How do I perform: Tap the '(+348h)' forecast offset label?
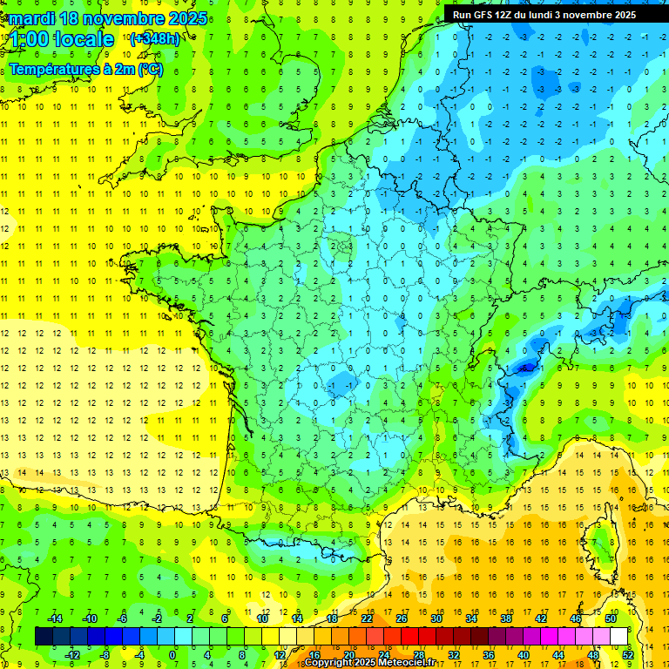click(x=154, y=38)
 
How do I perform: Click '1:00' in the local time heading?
click(x=28, y=39)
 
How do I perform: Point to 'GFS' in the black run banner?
click(x=484, y=15)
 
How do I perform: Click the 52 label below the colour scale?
click(x=627, y=654)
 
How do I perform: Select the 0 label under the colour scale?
click(x=173, y=654)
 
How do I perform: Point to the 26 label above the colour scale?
click(x=402, y=618)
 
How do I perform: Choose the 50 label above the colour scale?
click(x=610, y=618)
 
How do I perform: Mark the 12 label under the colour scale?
click(x=279, y=654)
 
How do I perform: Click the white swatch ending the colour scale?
click(x=619, y=636)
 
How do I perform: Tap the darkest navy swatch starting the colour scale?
click(x=44, y=636)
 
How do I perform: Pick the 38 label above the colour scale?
click(x=505, y=618)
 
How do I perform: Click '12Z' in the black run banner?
click(x=506, y=15)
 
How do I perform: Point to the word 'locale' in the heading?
click(x=84, y=39)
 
